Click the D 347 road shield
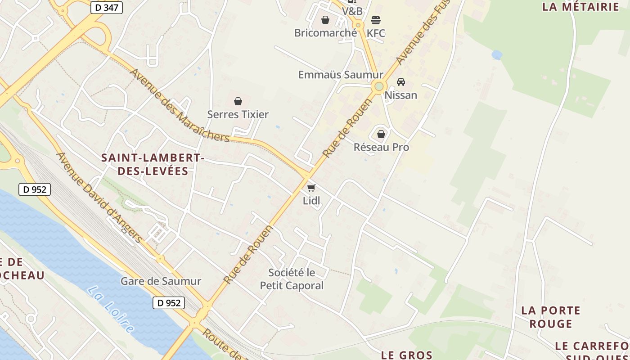pos(107,7)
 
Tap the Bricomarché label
pos(325,33)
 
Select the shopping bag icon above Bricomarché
pos(325,20)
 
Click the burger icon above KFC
pos(376,20)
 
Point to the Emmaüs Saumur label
pos(341,75)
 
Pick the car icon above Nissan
pos(400,82)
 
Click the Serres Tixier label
pos(238,114)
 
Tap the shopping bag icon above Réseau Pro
pos(381,134)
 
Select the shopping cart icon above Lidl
pos(311,188)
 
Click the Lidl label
pos(311,201)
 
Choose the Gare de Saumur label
pos(161,281)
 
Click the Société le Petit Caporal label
pos(292,279)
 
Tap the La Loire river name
pos(111,310)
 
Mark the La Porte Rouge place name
pos(551,317)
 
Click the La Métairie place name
pos(581,7)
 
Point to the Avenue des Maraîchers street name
pos(180,105)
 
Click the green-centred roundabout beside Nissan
pos(379,86)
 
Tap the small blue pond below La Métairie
pos(497,55)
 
